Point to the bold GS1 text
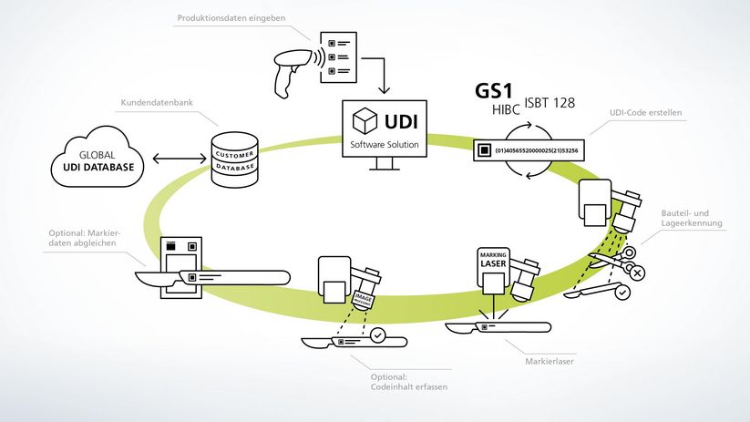coord(495,92)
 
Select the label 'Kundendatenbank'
coord(151,103)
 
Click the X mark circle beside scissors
coord(637,272)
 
